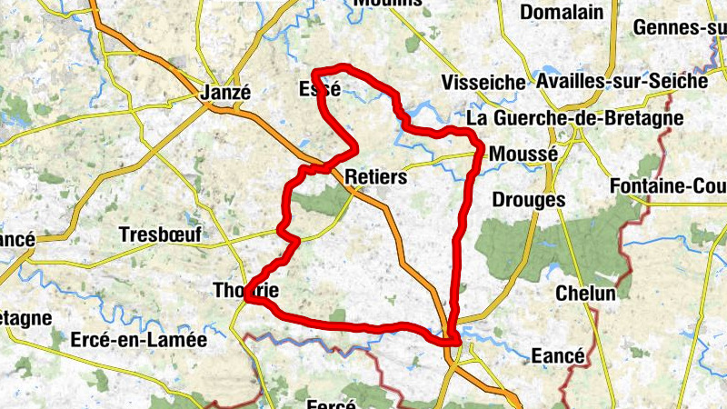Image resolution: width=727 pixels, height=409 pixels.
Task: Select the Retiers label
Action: (x=376, y=176)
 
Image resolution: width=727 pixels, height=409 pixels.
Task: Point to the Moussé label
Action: (x=523, y=155)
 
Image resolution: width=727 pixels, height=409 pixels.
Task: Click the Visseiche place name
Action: (x=484, y=83)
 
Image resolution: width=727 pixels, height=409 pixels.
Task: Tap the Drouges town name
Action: (x=528, y=199)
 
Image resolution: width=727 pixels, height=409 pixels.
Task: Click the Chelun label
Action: (x=585, y=294)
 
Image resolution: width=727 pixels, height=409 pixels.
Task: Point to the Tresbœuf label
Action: (x=161, y=234)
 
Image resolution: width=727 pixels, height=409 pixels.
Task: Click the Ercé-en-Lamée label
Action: (x=139, y=340)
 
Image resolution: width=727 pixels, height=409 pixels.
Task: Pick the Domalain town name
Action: (x=562, y=12)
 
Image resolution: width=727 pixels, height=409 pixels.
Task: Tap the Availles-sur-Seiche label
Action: (x=622, y=81)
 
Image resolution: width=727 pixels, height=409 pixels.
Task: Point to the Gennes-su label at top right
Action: (x=679, y=28)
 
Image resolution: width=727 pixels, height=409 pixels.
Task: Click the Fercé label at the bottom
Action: (x=330, y=404)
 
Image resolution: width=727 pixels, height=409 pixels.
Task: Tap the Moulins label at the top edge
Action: (x=388, y=4)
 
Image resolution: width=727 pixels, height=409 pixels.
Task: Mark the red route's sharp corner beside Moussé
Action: (x=479, y=145)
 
